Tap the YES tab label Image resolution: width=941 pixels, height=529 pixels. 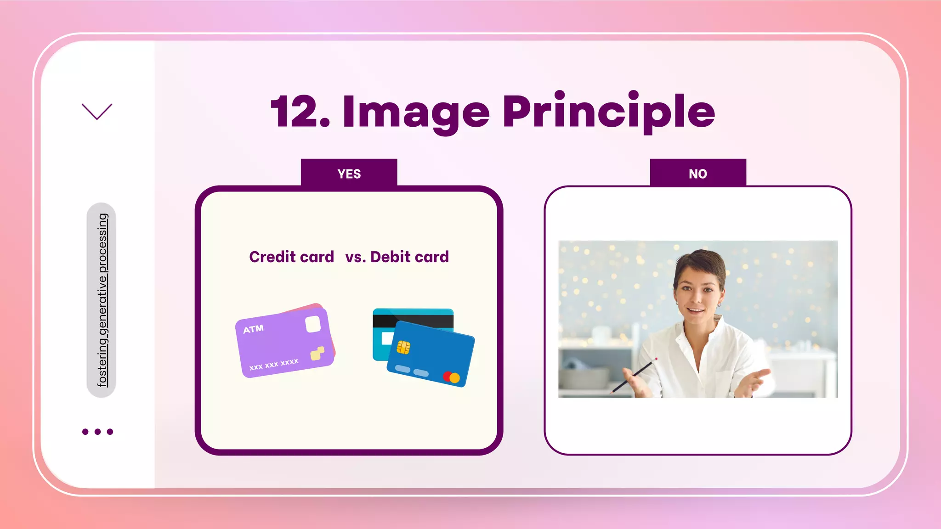[x=349, y=174]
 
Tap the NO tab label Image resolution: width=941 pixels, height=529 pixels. [x=697, y=174]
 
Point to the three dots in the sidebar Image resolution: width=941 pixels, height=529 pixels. [x=97, y=432]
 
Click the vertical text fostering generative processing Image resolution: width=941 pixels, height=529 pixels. [x=102, y=300]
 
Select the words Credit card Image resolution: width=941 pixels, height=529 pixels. [x=291, y=257]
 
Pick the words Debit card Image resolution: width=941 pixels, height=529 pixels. [x=409, y=257]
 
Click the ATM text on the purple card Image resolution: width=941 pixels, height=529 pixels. [x=253, y=329]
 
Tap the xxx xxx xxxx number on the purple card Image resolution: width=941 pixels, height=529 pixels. [x=274, y=365]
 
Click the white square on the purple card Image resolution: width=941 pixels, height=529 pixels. [x=313, y=324]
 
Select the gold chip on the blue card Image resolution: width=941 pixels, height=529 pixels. [x=403, y=348]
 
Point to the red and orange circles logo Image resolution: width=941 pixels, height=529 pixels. [x=451, y=377]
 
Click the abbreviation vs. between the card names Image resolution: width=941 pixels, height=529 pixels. [x=355, y=257]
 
